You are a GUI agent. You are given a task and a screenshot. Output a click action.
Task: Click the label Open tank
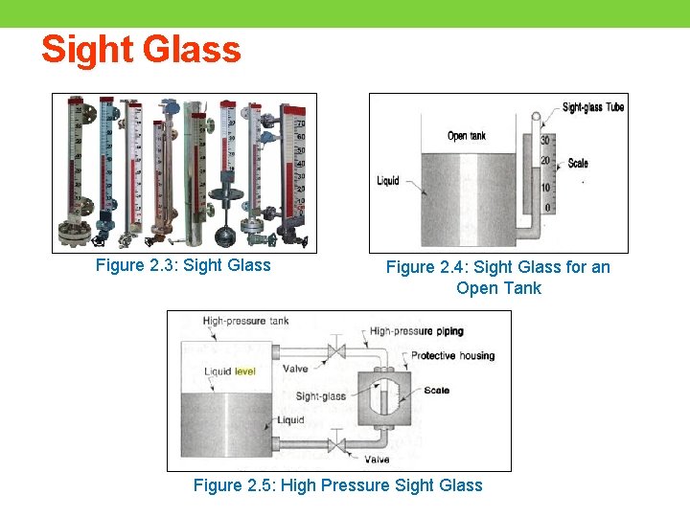(x=467, y=136)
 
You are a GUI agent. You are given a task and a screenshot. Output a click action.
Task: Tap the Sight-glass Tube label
(x=592, y=107)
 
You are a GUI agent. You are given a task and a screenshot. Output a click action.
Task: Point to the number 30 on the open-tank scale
(x=545, y=140)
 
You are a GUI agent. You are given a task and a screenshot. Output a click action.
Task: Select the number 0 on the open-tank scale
(x=547, y=208)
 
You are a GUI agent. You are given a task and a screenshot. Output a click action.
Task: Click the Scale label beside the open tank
(x=578, y=163)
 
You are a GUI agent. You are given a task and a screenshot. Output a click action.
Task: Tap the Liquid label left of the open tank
(x=388, y=181)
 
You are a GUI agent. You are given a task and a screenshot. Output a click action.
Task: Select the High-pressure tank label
(x=245, y=321)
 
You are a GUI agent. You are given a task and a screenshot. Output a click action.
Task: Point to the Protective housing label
(x=452, y=356)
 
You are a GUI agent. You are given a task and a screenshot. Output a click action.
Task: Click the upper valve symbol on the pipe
(x=335, y=350)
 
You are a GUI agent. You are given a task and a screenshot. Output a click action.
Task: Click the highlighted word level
(x=245, y=371)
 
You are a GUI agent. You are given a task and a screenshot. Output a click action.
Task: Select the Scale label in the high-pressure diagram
(x=436, y=391)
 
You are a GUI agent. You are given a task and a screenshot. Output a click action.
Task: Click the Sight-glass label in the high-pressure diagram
(x=320, y=396)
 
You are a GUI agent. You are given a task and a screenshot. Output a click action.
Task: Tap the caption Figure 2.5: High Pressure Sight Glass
(x=337, y=485)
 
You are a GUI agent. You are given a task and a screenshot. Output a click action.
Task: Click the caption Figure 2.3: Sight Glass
(x=183, y=265)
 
